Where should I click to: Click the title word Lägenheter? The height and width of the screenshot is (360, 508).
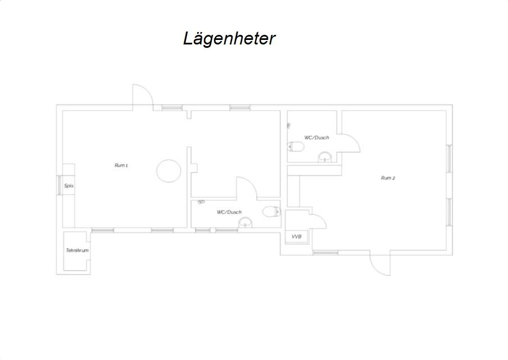[229, 38]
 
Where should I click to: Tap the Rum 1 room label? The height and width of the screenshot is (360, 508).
[121, 165]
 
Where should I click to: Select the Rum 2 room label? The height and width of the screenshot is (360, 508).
[388, 178]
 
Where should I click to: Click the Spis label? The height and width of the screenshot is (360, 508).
[69, 186]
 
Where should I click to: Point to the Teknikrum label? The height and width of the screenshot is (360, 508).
[77, 250]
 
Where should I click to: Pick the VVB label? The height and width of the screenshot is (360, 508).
[296, 237]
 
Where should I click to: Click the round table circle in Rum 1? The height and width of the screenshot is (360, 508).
[168, 170]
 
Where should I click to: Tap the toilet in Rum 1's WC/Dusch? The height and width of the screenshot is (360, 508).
[271, 211]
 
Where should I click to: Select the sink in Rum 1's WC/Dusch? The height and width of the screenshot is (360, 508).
[245, 223]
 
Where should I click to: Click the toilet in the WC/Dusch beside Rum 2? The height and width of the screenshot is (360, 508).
[296, 147]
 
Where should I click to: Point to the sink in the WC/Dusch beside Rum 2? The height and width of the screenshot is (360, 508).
[325, 157]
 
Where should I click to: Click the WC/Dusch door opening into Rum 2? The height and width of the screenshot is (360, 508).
[351, 143]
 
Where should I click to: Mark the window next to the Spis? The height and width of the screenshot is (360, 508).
[59, 185]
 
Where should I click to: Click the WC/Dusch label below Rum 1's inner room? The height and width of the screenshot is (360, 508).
[229, 212]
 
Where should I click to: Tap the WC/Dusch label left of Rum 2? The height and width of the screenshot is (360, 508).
[316, 138]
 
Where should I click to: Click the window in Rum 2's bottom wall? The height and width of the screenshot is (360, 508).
[325, 253]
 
